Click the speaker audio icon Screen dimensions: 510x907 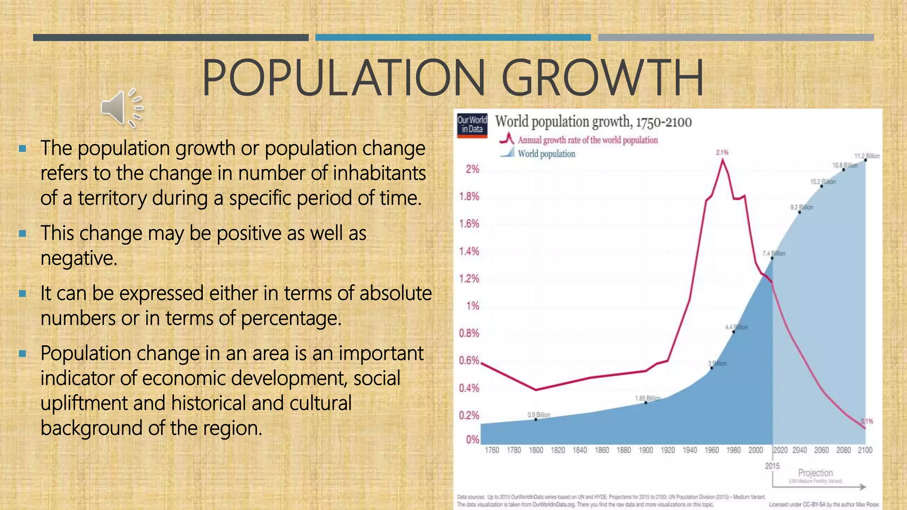(x=121, y=108)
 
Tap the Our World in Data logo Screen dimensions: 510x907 (x=472, y=125)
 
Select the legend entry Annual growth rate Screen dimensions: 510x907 (x=587, y=140)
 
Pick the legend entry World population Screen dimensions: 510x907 (x=546, y=154)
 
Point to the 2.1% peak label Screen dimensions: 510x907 (x=722, y=152)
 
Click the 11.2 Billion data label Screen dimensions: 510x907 (x=867, y=156)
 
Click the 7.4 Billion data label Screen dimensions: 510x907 (x=774, y=253)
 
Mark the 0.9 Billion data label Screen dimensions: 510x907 (x=539, y=415)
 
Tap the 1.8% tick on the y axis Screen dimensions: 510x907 (x=469, y=197)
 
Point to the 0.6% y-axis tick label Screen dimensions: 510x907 (x=469, y=361)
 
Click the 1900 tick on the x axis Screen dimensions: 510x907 (x=646, y=450)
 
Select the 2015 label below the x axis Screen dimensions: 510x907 (x=772, y=466)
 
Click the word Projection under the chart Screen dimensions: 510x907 (x=815, y=473)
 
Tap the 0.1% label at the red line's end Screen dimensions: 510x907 (x=867, y=421)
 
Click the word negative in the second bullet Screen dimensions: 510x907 (x=79, y=258)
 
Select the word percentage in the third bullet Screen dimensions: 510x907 (x=291, y=318)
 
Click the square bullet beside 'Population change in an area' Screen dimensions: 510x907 (x=23, y=354)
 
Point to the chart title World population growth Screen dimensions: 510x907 (x=593, y=122)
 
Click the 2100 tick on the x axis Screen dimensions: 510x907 (x=865, y=450)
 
